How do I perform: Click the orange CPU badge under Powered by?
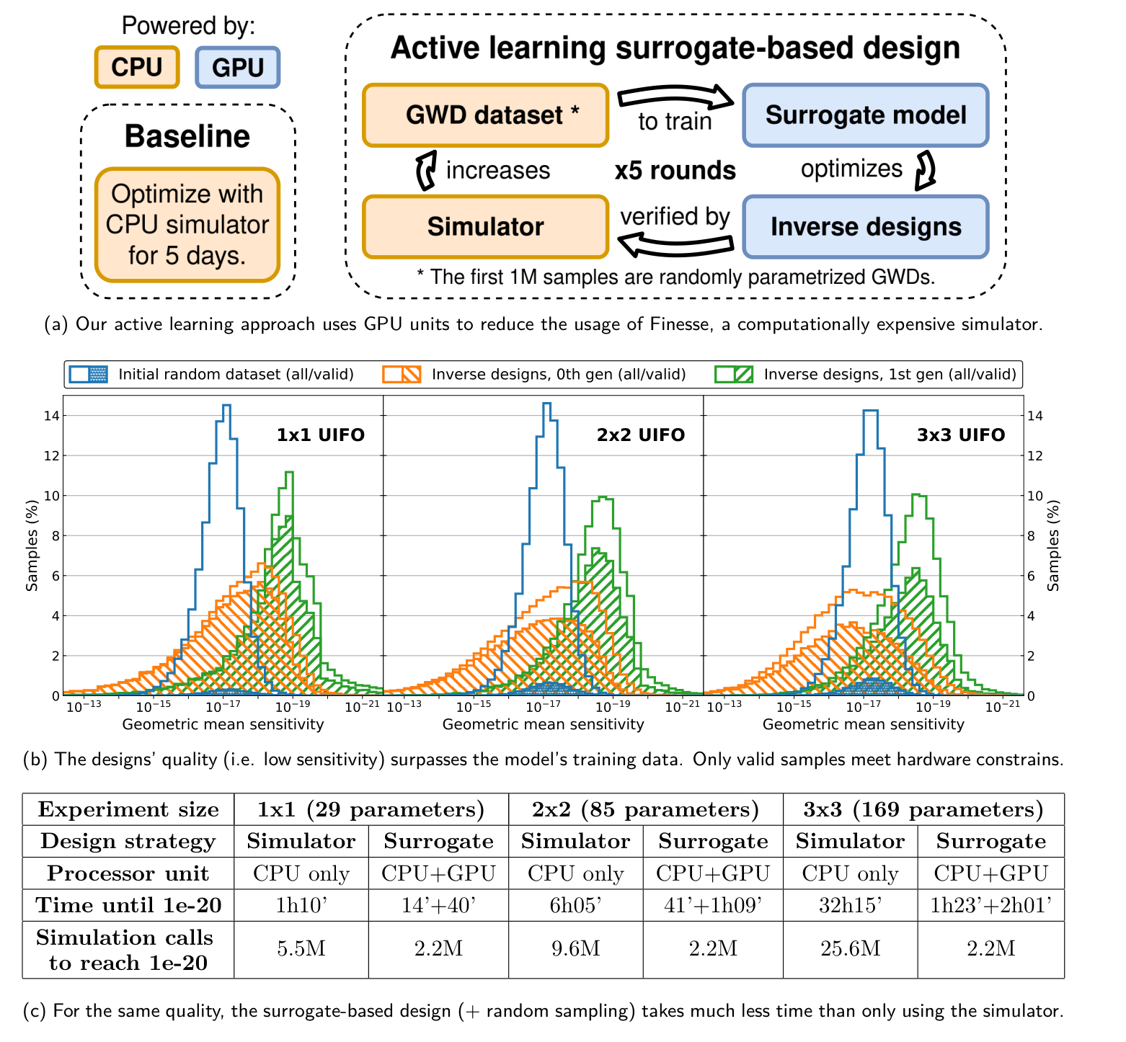pyautogui.click(x=137, y=67)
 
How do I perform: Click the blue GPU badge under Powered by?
pyautogui.click(x=238, y=67)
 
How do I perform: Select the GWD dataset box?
pyautogui.click(x=485, y=115)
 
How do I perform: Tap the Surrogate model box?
pyautogui.click(x=865, y=115)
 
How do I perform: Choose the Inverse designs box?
pyautogui.click(x=865, y=226)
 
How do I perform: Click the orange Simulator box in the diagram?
pyautogui.click(x=485, y=226)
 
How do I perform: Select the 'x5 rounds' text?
pyautogui.click(x=675, y=171)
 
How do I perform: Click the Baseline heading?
pyautogui.click(x=187, y=136)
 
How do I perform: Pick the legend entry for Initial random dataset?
pyautogui.click(x=213, y=375)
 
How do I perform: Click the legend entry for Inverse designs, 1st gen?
pyautogui.click(x=865, y=375)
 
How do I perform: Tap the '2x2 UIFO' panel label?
pyautogui.click(x=640, y=435)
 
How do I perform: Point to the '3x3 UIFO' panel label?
pyautogui.click(x=961, y=435)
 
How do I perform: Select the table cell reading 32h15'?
pyautogui.click(x=850, y=905)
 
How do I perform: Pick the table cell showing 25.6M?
pyautogui.click(x=850, y=948)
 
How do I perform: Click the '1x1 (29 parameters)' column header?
pyautogui.click(x=371, y=809)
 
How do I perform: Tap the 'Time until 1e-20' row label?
pyautogui.click(x=128, y=905)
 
